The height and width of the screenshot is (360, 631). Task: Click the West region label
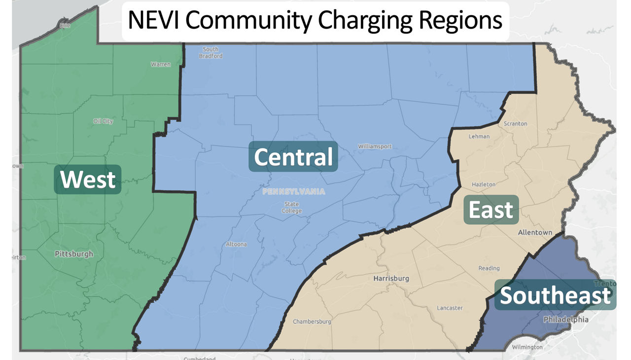(x=88, y=180)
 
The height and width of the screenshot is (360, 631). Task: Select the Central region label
(x=293, y=157)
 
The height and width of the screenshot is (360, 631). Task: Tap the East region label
(x=491, y=210)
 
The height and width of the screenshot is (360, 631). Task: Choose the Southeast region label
(x=556, y=296)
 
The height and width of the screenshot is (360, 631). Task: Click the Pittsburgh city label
(x=73, y=254)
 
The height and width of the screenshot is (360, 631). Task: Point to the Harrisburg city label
(x=391, y=279)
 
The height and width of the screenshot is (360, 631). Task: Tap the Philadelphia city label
(x=565, y=320)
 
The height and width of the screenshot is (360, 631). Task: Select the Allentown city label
(x=535, y=232)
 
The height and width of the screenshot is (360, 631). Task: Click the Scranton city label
(x=515, y=124)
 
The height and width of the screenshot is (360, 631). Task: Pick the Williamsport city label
(x=375, y=146)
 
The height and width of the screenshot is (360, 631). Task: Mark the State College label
(x=292, y=208)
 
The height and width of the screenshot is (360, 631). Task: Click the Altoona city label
(x=236, y=244)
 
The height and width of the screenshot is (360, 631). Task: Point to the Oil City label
(x=103, y=121)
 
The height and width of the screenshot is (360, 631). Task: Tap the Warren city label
(x=161, y=65)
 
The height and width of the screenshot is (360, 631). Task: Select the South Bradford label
(x=210, y=53)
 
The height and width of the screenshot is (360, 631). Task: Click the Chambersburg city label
(x=312, y=322)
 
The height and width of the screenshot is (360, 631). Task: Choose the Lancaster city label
(x=450, y=308)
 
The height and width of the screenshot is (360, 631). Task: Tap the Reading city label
(x=489, y=268)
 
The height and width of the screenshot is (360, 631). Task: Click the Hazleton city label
(x=484, y=184)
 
